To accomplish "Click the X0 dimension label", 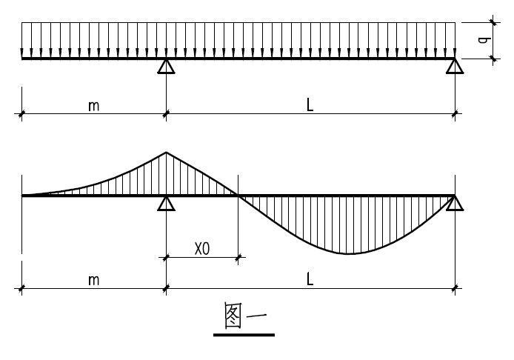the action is pyautogui.click(x=202, y=249).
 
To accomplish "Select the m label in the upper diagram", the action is pyautogui.click(x=94, y=106).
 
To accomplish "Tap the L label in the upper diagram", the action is pyautogui.click(x=310, y=105).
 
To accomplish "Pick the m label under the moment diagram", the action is pyautogui.click(x=94, y=280).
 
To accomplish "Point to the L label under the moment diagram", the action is pyautogui.click(x=310, y=280).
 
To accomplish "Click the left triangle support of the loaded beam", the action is pyautogui.click(x=166, y=67).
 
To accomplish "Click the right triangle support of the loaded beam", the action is pyautogui.click(x=455, y=67).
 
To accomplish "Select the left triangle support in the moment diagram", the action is pyautogui.click(x=166, y=203).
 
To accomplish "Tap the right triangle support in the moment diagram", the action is pyautogui.click(x=455, y=203).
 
